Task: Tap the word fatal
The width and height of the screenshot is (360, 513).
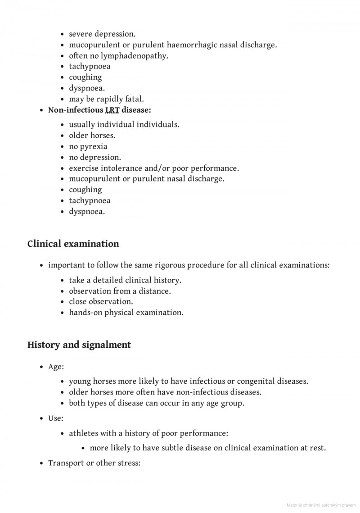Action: (134, 99)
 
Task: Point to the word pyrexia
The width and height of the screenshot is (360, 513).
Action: (94, 146)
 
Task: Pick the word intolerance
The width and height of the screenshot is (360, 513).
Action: (119, 168)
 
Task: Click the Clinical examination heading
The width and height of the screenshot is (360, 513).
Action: (73, 244)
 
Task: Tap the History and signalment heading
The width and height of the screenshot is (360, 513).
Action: (79, 345)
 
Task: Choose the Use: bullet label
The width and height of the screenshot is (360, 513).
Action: (56, 418)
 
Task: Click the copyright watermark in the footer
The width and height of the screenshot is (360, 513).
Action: (322, 504)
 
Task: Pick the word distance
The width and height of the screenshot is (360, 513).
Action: (154, 291)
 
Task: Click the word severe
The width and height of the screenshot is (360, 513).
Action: (80, 34)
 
